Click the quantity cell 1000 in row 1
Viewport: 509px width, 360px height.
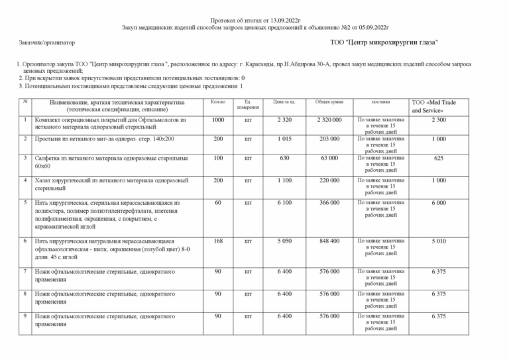(x=217, y=120)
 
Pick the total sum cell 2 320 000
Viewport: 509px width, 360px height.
(x=328, y=120)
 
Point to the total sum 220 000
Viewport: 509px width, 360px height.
(x=328, y=180)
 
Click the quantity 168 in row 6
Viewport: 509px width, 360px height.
(x=217, y=241)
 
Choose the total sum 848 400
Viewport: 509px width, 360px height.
(x=328, y=241)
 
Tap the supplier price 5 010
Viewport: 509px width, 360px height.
(x=438, y=241)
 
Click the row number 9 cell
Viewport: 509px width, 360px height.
(x=25, y=316)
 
